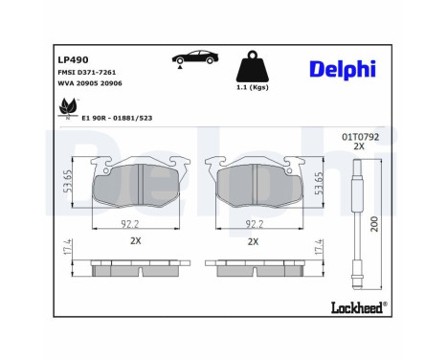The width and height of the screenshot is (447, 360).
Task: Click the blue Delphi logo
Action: click(342, 68)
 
